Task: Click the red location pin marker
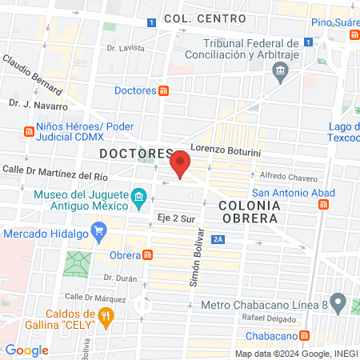click(x=181, y=162)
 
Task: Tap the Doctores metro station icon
click(x=163, y=90)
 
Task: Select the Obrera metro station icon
click(x=148, y=255)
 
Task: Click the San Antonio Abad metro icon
click(x=322, y=205)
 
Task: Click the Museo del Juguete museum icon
click(x=138, y=197)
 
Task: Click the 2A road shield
click(x=218, y=238)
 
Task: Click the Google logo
click(x=26, y=350)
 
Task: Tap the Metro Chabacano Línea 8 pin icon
click(x=338, y=303)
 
